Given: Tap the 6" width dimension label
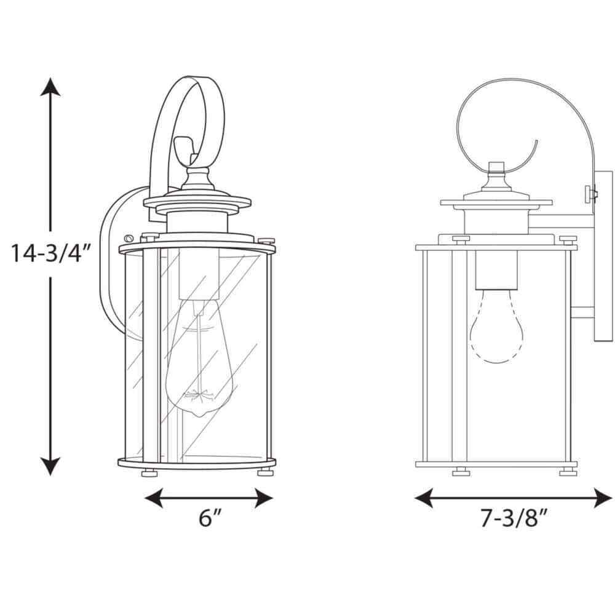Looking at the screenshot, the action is click(x=210, y=518).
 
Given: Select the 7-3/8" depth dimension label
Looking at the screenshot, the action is click(x=514, y=518).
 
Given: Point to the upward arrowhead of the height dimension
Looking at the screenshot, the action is click(x=50, y=87).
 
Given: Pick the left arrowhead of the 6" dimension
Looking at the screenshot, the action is click(x=154, y=498).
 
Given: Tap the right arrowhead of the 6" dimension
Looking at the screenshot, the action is click(x=264, y=498).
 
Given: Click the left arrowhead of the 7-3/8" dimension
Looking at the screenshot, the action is click(x=424, y=498).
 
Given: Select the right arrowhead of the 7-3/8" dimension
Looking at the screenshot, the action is click(x=603, y=498).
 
